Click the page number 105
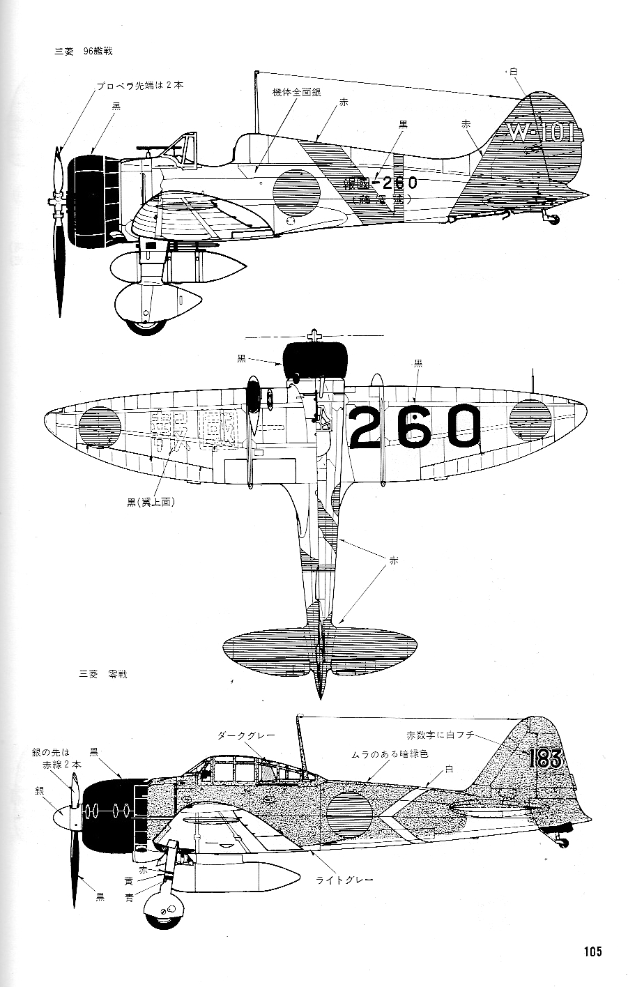click(592, 951)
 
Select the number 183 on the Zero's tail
click(545, 758)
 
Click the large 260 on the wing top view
click(415, 427)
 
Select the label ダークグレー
click(246, 735)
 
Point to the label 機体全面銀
click(297, 92)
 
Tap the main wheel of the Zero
click(165, 910)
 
